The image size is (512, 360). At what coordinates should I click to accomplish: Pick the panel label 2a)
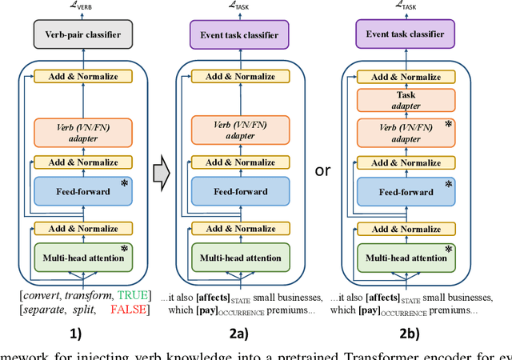tap(237, 337)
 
